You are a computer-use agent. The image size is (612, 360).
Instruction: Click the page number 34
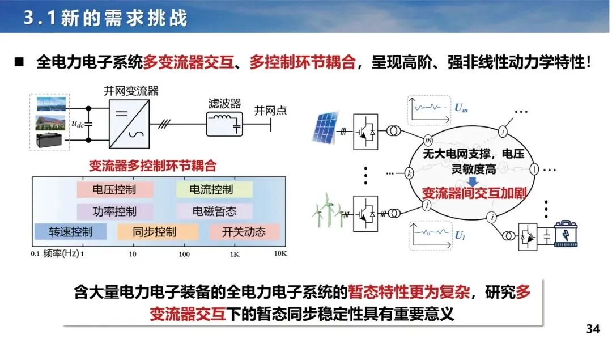click(x=592, y=329)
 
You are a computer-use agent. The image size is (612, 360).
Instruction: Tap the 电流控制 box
click(x=211, y=189)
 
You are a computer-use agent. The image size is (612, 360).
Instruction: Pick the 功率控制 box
click(x=114, y=211)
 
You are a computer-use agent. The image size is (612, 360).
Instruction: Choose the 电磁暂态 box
click(x=214, y=211)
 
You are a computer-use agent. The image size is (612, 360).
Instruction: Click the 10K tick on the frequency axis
click(x=280, y=253)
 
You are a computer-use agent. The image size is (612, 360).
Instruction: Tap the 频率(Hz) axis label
click(x=61, y=253)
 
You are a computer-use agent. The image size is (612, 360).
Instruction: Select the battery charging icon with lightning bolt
click(x=569, y=235)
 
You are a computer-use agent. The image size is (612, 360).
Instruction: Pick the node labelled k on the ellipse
click(x=410, y=173)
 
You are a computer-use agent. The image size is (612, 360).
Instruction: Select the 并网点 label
click(x=270, y=111)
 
